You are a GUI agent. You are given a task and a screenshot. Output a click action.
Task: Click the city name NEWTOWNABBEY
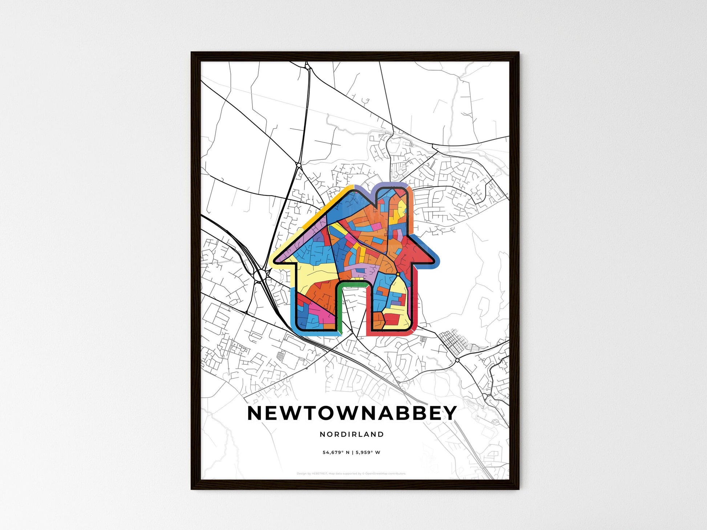click(x=352, y=413)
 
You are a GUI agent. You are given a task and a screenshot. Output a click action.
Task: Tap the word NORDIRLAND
click(x=352, y=434)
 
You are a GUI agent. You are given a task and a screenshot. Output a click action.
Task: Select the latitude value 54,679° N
click(x=336, y=453)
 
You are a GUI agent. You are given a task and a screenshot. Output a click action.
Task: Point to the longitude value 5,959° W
click(x=368, y=453)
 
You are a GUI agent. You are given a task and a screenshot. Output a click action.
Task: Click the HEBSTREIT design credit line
click(x=351, y=474)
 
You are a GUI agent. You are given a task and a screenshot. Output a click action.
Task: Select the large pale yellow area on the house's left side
click(x=316, y=272)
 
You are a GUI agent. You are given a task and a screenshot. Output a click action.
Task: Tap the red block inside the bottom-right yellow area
click(x=392, y=320)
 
